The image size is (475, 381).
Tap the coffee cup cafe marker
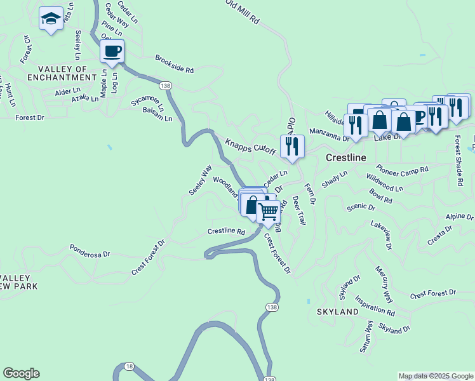click(x=112, y=51)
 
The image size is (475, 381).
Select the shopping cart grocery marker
click(x=269, y=211)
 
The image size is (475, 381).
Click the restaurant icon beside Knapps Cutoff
click(x=291, y=146)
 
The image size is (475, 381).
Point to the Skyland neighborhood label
click(x=338, y=312)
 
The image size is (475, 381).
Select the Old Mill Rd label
click(x=244, y=11)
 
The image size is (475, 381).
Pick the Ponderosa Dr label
click(x=90, y=250)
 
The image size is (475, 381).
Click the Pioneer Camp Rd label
click(x=402, y=170)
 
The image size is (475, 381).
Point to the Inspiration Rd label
click(x=375, y=305)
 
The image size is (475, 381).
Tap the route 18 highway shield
click(x=130, y=366)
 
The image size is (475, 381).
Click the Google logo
click(x=21, y=373)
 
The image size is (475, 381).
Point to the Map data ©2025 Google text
click(x=436, y=376)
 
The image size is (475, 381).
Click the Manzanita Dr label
click(x=330, y=134)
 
